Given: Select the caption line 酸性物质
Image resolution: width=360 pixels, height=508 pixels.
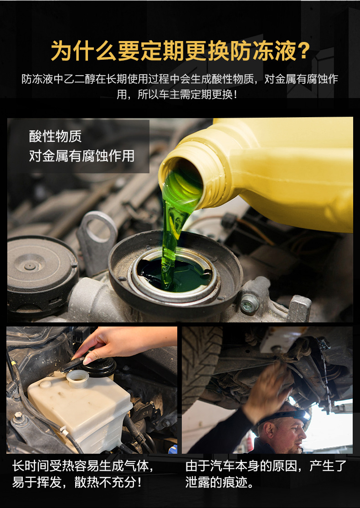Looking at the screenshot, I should point(56,136).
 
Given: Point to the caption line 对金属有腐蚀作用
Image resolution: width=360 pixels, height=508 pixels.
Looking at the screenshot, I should point(82,156).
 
